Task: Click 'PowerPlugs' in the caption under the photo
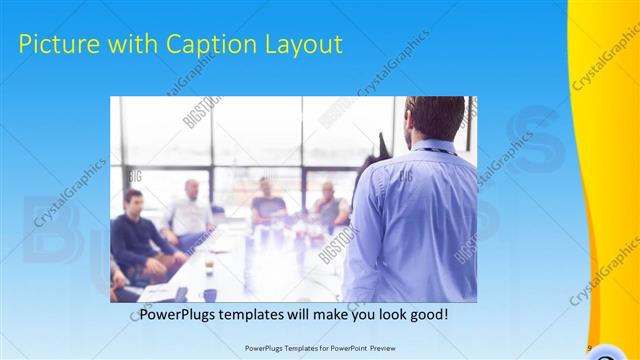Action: [174, 315]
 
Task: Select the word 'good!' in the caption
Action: [431, 315]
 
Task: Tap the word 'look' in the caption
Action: [387, 315]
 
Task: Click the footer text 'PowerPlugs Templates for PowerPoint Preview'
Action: [318, 348]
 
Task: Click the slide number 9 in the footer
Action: [590, 348]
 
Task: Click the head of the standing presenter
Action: [436, 118]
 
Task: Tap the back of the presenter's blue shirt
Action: [410, 220]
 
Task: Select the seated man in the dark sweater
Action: [135, 235]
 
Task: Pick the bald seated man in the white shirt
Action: [189, 210]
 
